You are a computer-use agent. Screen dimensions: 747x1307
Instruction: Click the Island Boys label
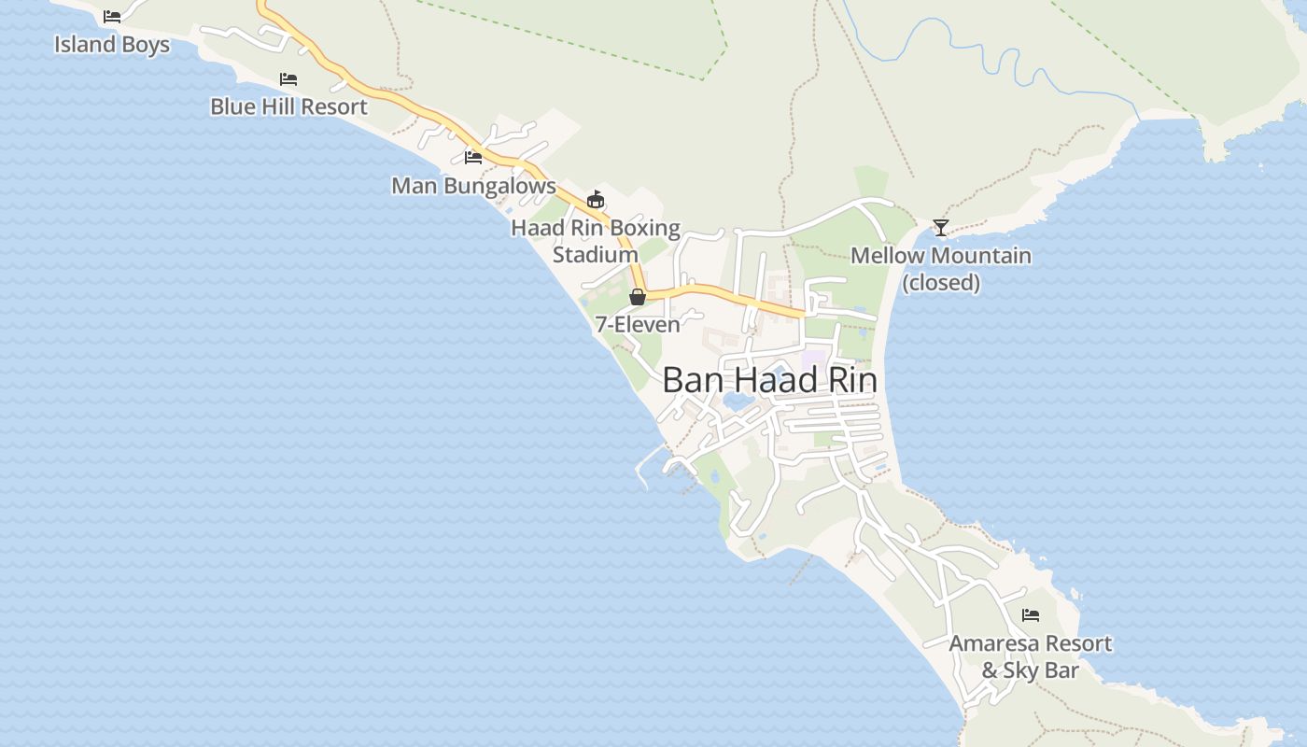[x=112, y=44]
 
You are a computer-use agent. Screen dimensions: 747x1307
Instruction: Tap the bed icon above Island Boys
[x=112, y=17]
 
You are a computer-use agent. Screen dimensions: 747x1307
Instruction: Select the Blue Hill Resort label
[x=288, y=106]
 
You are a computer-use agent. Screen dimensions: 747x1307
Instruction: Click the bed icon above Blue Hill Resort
[x=288, y=79]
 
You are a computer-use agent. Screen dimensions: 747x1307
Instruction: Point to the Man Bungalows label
[x=473, y=185]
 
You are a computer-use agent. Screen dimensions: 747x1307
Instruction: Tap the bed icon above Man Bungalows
[x=473, y=157]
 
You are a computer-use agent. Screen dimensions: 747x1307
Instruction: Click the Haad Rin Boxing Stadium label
[x=596, y=241]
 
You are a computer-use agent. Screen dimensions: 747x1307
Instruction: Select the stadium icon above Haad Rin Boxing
[x=596, y=199]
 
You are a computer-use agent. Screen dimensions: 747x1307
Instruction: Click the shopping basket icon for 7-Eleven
[x=638, y=297]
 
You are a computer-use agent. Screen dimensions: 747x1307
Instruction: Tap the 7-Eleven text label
[x=638, y=325]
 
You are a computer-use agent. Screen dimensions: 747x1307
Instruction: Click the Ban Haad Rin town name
[x=769, y=381]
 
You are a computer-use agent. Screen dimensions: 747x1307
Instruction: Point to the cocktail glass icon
[x=941, y=227]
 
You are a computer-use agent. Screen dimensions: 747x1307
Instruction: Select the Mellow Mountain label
[x=941, y=255]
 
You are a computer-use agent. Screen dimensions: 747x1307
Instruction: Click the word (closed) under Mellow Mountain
[x=941, y=282]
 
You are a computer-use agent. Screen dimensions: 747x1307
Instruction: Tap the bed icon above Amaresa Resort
[x=1031, y=615]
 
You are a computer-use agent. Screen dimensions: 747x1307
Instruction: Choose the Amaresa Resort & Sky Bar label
[x=1031, y=656]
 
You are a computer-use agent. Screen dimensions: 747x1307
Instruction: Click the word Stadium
[x=596, y=254]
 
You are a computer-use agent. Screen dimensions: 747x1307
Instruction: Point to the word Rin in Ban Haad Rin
[x=848, y=381]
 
